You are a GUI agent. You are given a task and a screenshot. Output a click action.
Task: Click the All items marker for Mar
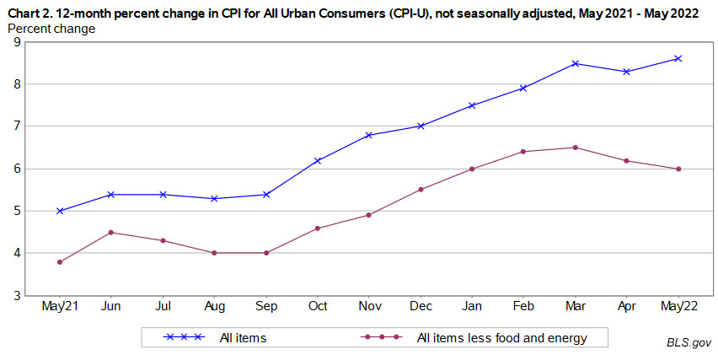coord(576,63)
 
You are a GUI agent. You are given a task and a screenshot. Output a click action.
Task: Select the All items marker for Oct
coord(318,160)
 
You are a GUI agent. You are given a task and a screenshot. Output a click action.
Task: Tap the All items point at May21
coord(60,211)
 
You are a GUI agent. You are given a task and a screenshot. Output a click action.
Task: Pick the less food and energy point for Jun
coord(111,232)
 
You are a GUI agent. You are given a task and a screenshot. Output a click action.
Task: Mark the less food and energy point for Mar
coord(576,148)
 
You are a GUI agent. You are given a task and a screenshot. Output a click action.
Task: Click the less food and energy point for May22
coord(678,169)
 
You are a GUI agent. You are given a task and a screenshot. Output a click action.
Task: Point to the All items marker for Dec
coord(421,126)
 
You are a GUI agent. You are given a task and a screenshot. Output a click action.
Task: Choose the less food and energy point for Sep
coord(266,253)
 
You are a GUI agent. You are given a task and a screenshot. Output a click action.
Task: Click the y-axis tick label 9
coord(18,41)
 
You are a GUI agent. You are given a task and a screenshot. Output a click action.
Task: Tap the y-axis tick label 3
coord(18,295)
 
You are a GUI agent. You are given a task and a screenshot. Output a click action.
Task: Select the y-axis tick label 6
coord(18,169)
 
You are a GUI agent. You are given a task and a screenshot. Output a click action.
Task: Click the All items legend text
coord(244,338)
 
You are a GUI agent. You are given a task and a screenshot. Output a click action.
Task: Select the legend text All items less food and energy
coord(501,338)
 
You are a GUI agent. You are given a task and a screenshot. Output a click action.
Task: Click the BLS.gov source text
coord(689,343)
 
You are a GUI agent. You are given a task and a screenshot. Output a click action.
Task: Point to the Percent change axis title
coord(51,28)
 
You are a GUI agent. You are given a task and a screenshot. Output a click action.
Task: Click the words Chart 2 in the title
coord(27,11)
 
